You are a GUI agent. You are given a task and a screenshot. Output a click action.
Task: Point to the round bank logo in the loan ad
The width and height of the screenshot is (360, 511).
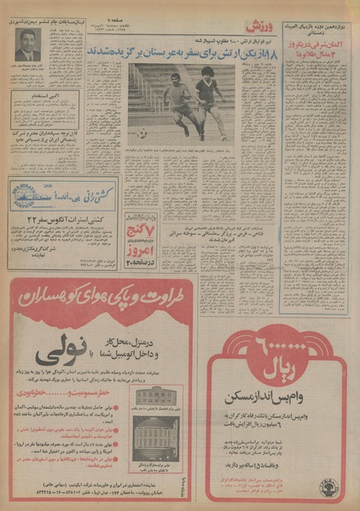tap(327, 487)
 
